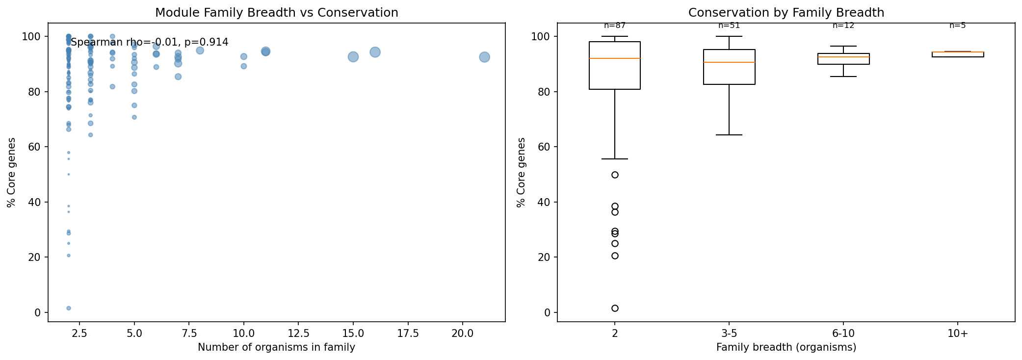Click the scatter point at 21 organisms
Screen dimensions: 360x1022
(x=484, y=57)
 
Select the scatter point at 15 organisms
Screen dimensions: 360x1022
(x=353, y=57)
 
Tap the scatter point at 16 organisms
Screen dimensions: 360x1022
(x=375, y=52)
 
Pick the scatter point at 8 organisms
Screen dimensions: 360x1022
(x=200, y=51)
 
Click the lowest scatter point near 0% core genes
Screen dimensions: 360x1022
(x=69, y=308)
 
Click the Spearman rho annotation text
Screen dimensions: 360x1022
(x=150, y=43)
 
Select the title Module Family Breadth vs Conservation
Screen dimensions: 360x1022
(x=276, y=13)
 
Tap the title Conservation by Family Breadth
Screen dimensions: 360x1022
(x=786, y=13)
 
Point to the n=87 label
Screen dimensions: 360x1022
(x=615, y=26)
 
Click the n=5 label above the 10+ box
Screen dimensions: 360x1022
(x=957, y=26)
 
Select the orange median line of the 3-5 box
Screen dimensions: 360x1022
(x=729, y=62)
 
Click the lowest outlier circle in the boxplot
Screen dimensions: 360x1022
(x=615, y=308)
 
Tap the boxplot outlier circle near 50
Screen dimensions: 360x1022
(x=615, y=175)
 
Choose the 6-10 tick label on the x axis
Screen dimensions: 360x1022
(x=843, y=334)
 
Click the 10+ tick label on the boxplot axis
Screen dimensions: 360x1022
(x=958, y=334)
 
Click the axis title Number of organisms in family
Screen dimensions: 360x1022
(x=276, y=348)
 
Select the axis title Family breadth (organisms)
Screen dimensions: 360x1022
(x=786, y=348)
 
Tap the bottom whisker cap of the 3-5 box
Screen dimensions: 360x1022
(x=729, y=135)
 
